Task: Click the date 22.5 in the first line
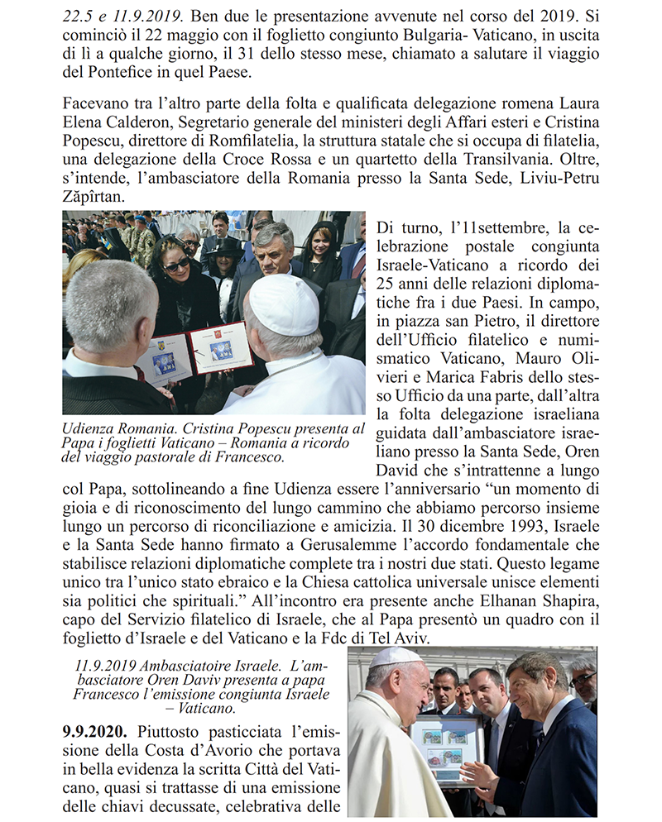79,16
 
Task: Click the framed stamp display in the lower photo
447,749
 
